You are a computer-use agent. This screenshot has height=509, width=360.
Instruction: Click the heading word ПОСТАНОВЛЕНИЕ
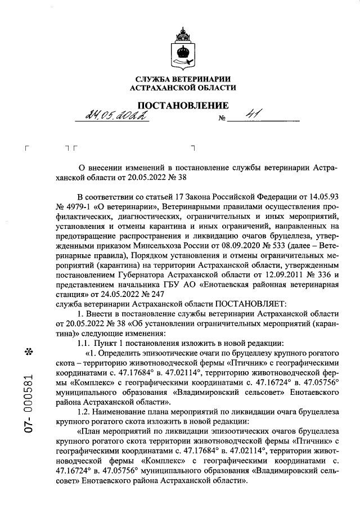pos(183,106)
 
